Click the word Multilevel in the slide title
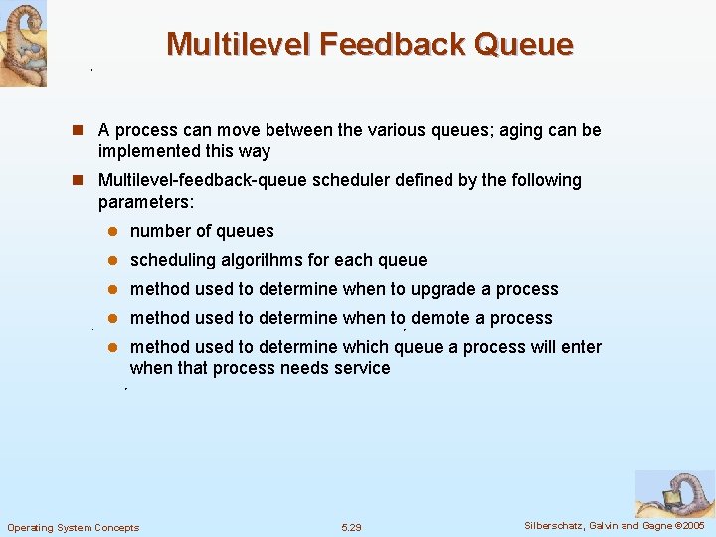point(231,44)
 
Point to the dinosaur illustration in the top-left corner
point(23,43)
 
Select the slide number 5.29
point(351,527)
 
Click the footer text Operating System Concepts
point(74,527)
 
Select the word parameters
point(144,202)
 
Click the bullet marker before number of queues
point(113,231)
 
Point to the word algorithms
point(260,260)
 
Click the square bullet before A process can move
point(84,130)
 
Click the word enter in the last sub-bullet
point(580,347)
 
